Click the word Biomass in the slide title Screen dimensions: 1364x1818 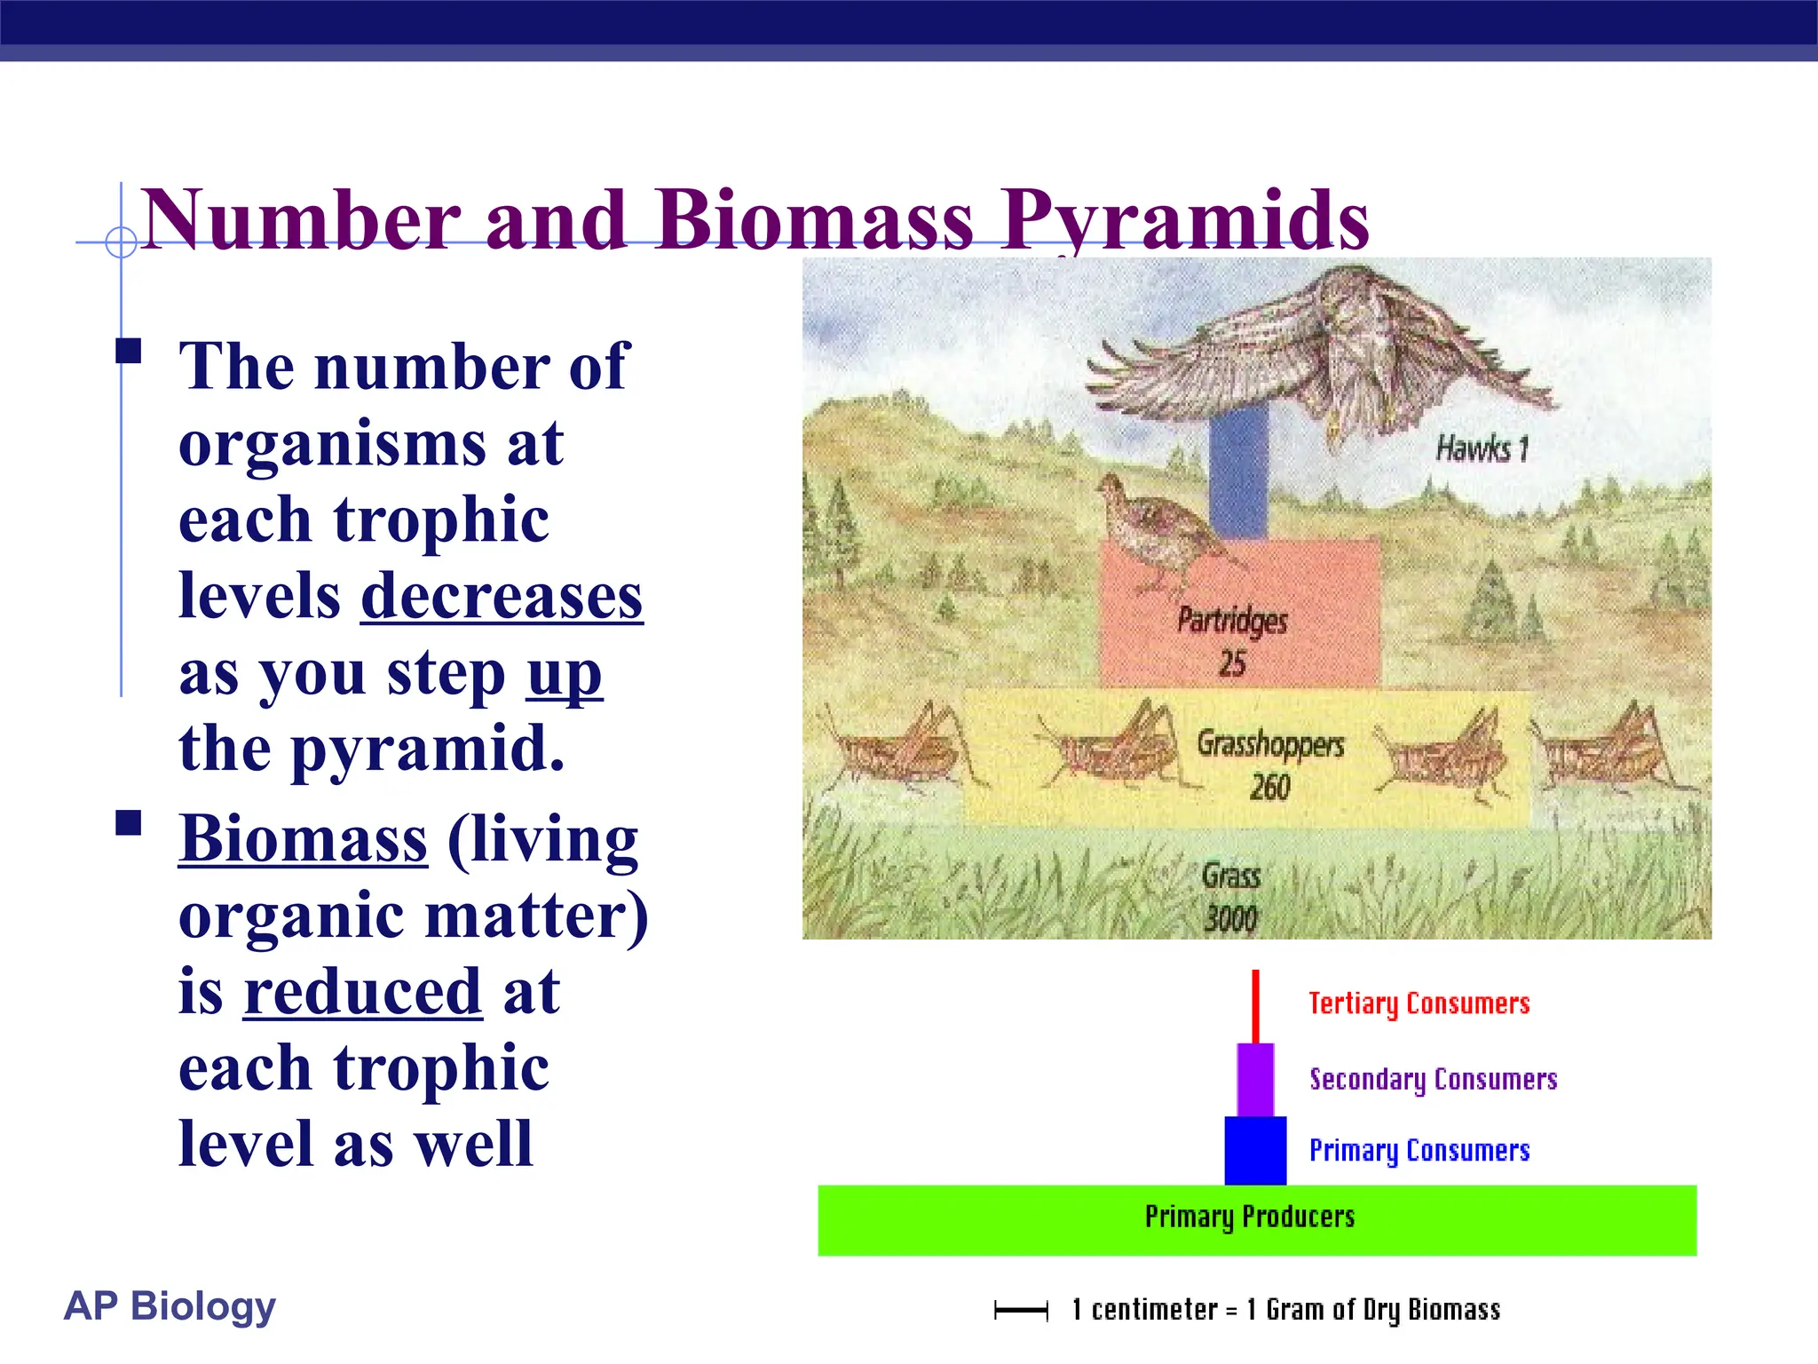[x=814, y=219]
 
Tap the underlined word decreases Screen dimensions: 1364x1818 [x=502, y=597]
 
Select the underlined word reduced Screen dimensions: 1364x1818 [x=363, y=992]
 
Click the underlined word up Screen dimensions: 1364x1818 [x=565, y=675]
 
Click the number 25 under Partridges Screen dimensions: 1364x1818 [x=1232, y=663]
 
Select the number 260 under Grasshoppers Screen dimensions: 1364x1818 [x=1269, y=787]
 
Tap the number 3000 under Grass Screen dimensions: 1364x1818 [x=1230, y=918]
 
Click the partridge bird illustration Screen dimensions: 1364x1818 [x=1154, y=533]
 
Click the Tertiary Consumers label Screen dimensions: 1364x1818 [x=1419, y=1003]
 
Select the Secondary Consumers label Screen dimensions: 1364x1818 [x=1433, y=1079]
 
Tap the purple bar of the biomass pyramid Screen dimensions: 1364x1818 [x=1255, y=1080]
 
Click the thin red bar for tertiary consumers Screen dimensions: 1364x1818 [x=1255, y=1005]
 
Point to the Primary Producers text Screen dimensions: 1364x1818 [x=1249, y=1217]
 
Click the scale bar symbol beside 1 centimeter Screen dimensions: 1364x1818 [x=1021, y=1310]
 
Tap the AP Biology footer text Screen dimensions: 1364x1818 [x=170, y=1305]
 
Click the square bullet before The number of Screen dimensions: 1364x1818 [x=129, y=351]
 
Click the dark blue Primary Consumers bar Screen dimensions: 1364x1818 [x=1255, y=1151]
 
